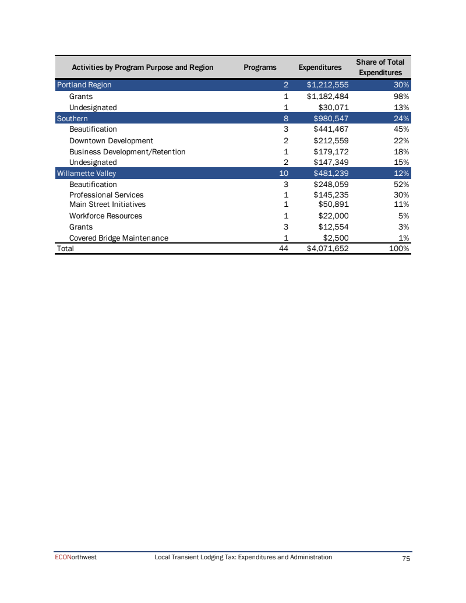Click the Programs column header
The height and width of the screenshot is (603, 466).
[x=260, y=68]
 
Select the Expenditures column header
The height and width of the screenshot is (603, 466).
[x=320, y=68]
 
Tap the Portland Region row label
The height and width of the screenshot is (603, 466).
[x=84, y=85]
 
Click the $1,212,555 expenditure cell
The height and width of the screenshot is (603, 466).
[x=327, y=85]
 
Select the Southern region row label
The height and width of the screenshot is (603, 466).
[x=72, y=118]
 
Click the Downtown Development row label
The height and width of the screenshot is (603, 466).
[x=111, y=140]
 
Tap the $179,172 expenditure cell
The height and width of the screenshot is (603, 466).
[x=331, y=151]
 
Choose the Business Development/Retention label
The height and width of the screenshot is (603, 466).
[x=127, y=151]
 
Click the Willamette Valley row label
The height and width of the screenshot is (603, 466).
[x=86, y=174]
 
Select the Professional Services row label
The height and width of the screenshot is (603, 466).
[x=106, y=195]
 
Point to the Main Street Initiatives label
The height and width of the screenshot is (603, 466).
[x=107, y=204]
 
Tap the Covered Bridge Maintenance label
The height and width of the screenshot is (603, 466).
[x=118, y=238]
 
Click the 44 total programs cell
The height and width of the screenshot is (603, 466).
[x=284, y=249]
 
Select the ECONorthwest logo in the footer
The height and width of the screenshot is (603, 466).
[x=73, y=558]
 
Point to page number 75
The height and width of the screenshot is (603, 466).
[x=407, y=559]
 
